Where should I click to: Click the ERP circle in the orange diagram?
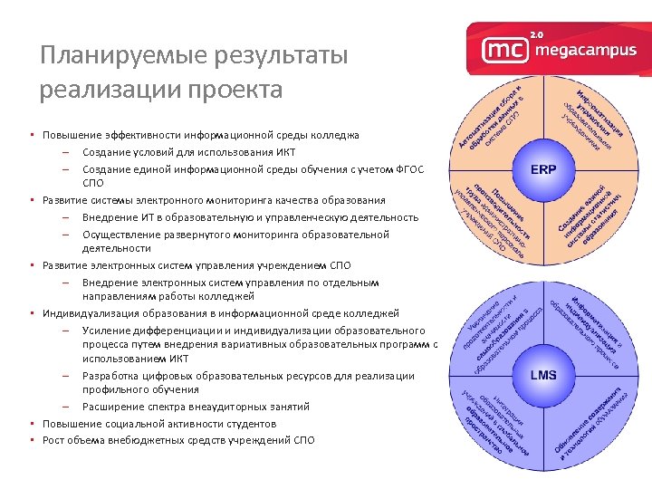[x=543, y=168]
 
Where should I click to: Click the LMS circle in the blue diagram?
[x=543, y=373]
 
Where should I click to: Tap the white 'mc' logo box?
[x=502, y=50]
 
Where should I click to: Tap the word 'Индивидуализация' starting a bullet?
[x=91, y=313]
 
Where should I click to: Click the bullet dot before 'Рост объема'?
[x=32, y=440]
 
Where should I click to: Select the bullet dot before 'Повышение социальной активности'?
[x=32, y=424]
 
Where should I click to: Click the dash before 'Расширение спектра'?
[x=67, y=407]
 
